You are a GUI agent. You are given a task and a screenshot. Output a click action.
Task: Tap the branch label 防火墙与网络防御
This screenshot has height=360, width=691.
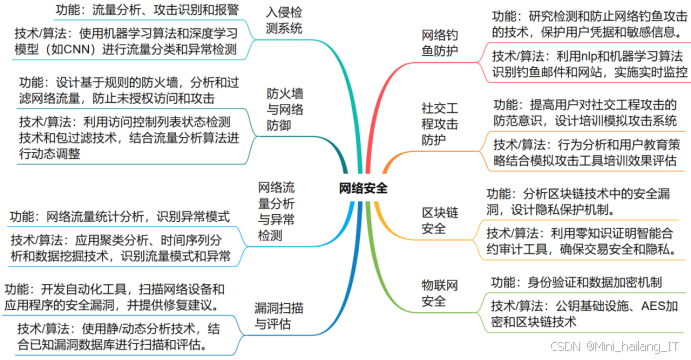(x=286, y=109)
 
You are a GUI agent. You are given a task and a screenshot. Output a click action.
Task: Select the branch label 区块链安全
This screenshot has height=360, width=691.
(x=434, y=221)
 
